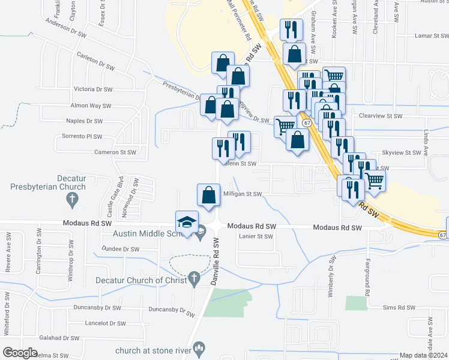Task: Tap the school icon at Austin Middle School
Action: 187,221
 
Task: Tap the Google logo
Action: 20,353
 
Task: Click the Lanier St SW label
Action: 256,236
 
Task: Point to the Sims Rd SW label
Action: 400,307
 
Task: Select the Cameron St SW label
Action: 115,152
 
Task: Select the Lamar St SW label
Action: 432,36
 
